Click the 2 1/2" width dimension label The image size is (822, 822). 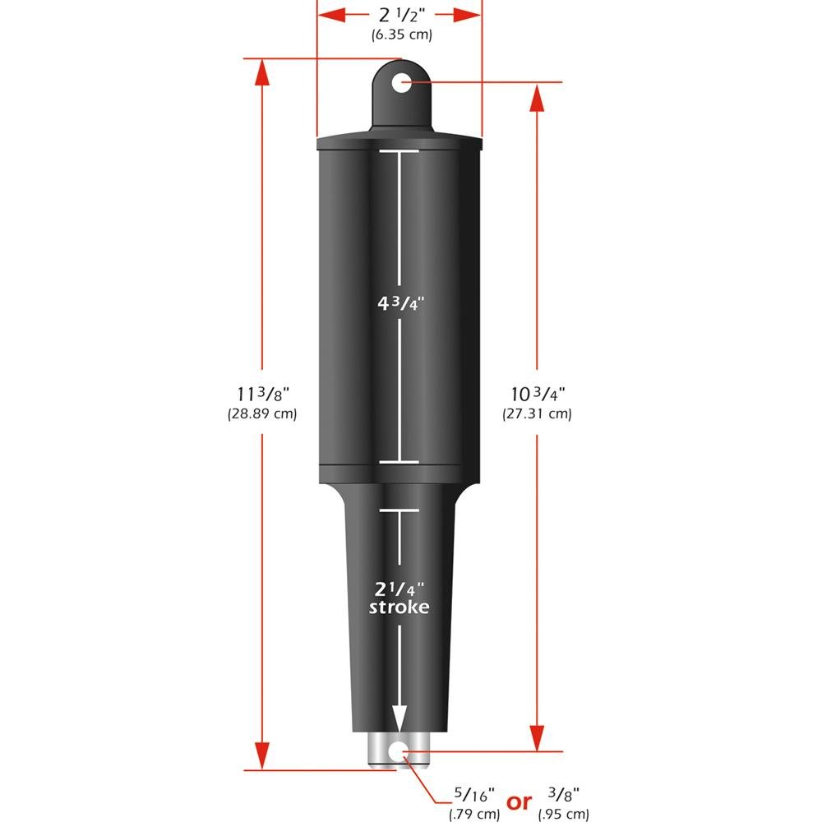399,15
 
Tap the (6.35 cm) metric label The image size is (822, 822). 399,35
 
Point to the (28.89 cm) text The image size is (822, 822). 261,413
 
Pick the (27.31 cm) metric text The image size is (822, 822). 537,413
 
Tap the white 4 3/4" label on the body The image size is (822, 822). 399,302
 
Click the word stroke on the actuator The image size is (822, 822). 399,607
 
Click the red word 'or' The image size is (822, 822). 519,802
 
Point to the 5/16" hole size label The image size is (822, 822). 473,797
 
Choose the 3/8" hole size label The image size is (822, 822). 564,795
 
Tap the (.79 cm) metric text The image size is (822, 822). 473,815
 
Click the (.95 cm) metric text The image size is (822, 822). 564,815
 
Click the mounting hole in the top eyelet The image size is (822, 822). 400,82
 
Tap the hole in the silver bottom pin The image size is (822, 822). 400,750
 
